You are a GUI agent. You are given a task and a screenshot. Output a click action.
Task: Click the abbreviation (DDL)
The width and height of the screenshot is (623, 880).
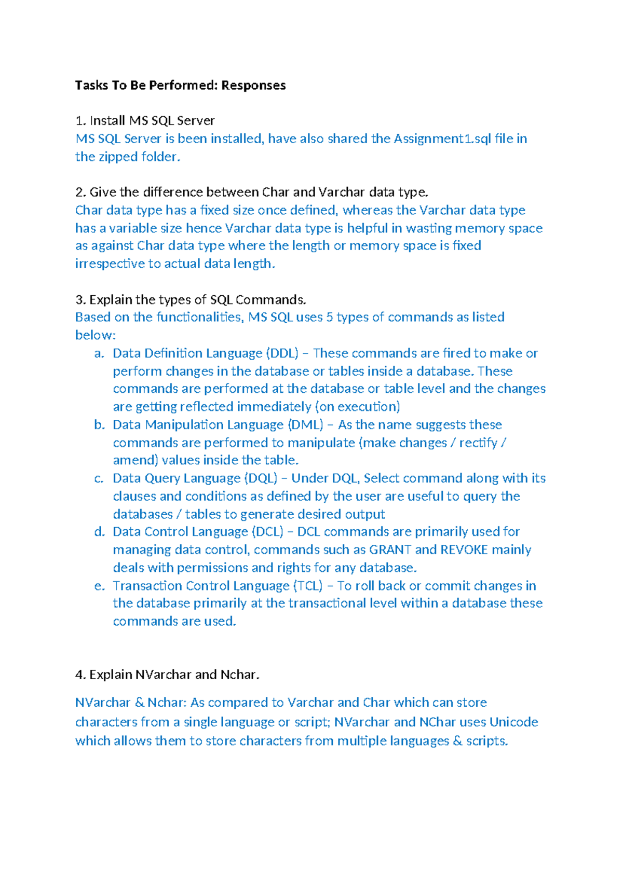282,353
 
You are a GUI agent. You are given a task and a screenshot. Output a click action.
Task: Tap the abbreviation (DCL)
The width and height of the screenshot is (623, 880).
267,532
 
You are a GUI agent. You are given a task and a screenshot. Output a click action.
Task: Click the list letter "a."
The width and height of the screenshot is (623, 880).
99,353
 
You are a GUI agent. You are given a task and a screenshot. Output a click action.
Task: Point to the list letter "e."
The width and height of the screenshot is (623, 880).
99,586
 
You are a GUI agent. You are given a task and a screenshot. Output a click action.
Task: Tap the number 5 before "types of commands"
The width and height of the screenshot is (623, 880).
330,317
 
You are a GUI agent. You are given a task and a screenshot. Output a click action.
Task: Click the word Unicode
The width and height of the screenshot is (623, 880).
513,722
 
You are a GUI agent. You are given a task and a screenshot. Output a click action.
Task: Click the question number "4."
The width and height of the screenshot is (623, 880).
80,675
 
